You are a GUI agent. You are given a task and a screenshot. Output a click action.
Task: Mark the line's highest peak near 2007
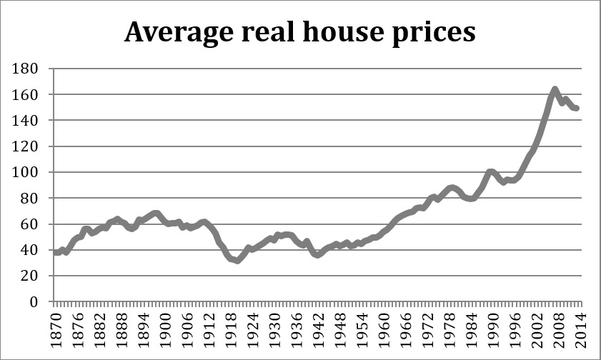tap(555, 89)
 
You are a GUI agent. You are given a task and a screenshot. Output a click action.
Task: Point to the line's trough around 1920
tap(237, 261)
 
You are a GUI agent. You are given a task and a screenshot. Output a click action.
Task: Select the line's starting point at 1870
tap(55, 252)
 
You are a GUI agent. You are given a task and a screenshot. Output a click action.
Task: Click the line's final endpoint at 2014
tap(577, 109)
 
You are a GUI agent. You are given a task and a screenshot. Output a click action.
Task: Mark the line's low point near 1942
tap(318, 255)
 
